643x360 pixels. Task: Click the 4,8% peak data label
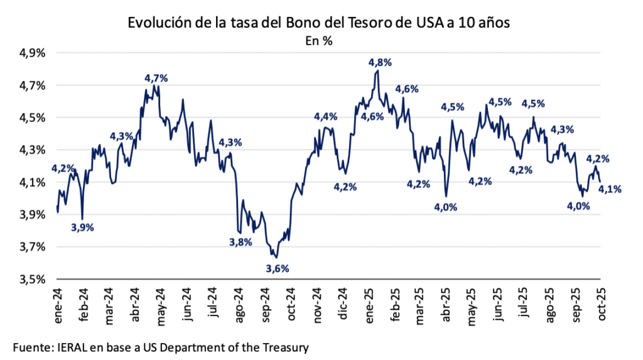pyautogui.click(x=380, y=62)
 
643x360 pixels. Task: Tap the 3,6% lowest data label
pyautogui.click(x=278, y=269)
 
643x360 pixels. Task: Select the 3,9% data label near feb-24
pyautogui.click(x=82, y=228)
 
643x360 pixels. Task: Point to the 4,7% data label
pyautogui.click(x=156, y=79)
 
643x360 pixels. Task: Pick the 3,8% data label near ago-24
pyautogui.click(x=240, y=242)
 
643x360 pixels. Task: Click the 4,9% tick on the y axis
pyautogui.click(x=33, y=53)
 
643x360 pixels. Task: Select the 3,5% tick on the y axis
pyautogui.click(x=33, y=279)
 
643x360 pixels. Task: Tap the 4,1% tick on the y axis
pyautogui.click(x=33, y=182)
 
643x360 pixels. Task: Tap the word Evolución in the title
pyautogui.click(x=158, y=23)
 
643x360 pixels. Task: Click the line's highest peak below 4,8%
pyautogui.click(x=377, y=71)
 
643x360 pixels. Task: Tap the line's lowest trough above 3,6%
pyautogui.click(x=276, y=256)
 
